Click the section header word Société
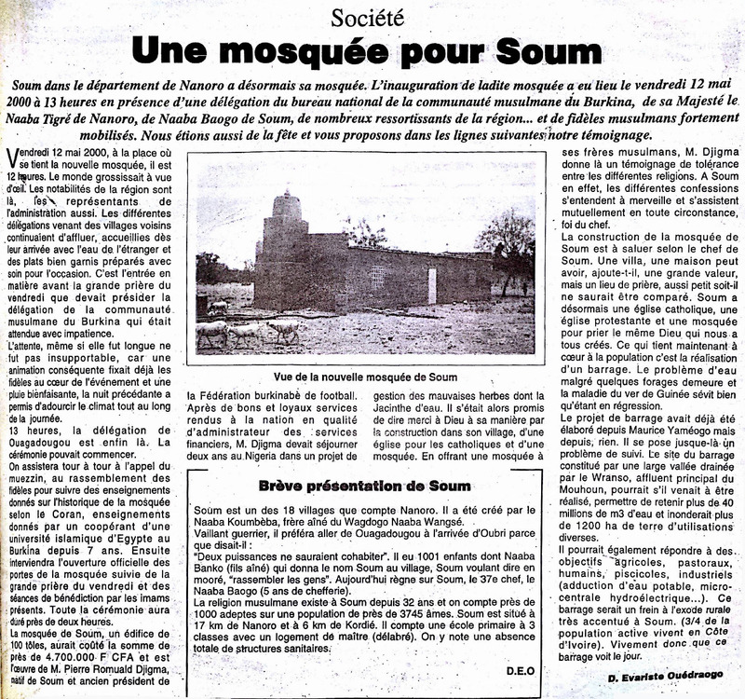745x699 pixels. click(x=372, y=16)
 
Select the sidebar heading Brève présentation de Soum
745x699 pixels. click(x=366, y=485)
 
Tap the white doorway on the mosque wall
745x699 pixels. click(x=431, y=285)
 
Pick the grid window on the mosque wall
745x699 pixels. click(x=377, y=278)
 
